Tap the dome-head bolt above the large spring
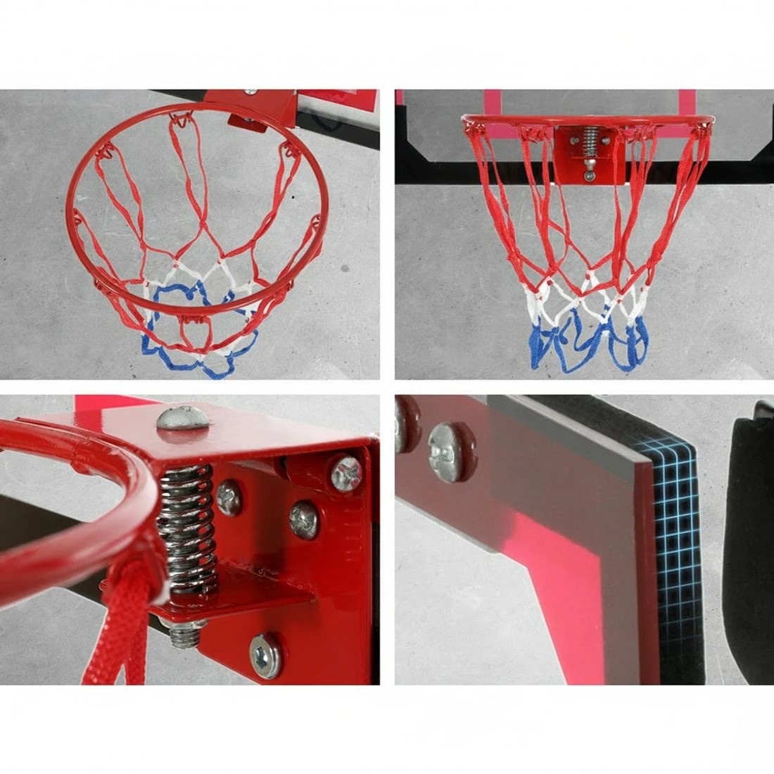pos(182,418)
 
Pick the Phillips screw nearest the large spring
pos(230,497)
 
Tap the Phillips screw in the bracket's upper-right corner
pos(346,473)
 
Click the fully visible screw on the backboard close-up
pos(450,452)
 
